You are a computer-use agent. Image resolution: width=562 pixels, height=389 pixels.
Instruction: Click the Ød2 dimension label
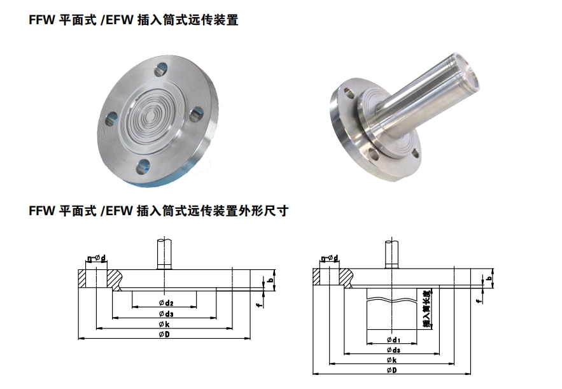pyautogui.click(x=166, y=303)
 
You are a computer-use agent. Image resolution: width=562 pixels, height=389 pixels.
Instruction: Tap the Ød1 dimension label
pyautogui.click(x=393, y=339)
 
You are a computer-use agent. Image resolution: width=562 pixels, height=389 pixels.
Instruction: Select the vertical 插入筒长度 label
pyautogui.click(x=427, y=308)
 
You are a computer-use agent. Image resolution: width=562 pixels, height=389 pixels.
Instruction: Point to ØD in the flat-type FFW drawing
pyautogui.click(x=164, y=334)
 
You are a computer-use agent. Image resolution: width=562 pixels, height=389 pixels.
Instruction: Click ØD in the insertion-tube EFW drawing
pyautogui.click(x=392, y=371)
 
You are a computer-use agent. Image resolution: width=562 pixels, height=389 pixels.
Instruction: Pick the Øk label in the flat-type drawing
pyautogui.click(x=164, y=325)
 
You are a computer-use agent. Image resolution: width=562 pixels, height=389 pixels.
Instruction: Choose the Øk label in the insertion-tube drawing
pyautogui.click(x=392, y=360)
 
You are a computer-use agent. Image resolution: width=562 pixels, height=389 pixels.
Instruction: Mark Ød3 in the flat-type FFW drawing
pyautogui.click(x=166, y=314)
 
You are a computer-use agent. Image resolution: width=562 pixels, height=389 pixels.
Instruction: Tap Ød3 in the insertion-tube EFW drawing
pyautogui.click(x=393, y=350)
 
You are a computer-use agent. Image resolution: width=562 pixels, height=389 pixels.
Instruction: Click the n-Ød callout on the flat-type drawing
pyautogui.click(x=97, y=258)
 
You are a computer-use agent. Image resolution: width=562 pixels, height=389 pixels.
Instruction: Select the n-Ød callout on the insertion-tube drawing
pyautogui.click(x=330, y=258)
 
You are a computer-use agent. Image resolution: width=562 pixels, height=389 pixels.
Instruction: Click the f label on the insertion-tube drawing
pyautogui.click(x=478, y=301)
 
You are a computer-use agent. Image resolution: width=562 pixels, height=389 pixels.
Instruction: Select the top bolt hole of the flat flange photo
pyautogui.click(x=161, y=69)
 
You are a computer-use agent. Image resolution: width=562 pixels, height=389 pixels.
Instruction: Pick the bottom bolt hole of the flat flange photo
pyautogui.click(x=143, y=166)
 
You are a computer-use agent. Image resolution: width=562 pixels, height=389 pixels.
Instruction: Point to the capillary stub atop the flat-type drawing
pyautogui.click(x=164, y=254)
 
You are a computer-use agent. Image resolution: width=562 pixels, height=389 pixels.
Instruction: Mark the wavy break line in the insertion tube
pyautogui.click(x=392, y=299)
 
